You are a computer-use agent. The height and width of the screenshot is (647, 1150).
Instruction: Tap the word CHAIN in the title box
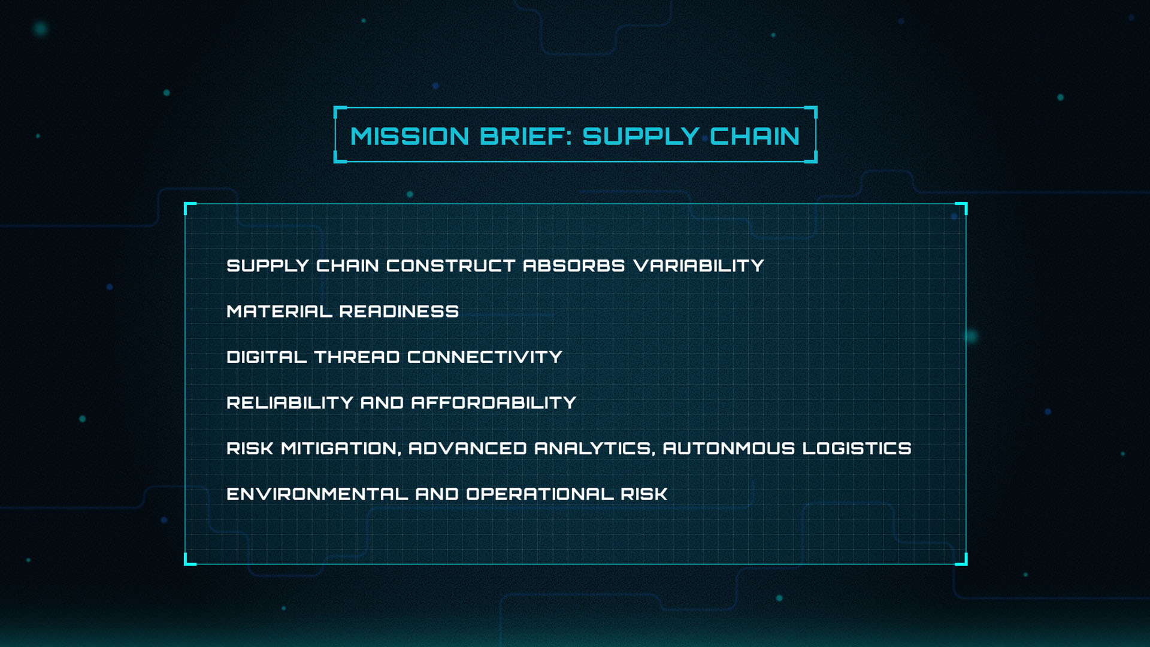coord(755,137)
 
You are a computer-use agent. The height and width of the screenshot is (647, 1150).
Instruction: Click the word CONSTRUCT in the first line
coord(450,265)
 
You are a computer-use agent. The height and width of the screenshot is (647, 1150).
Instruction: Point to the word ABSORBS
coord(574,265)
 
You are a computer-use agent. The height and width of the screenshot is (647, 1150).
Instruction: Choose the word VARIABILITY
coord(698,265)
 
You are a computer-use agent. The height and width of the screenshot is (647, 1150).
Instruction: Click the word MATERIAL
coord(279,312)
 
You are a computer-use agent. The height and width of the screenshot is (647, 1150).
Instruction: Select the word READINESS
coord(399,312)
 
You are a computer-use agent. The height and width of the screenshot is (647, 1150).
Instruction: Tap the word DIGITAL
coord(267,357)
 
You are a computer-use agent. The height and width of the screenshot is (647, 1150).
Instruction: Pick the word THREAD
coord(357,357)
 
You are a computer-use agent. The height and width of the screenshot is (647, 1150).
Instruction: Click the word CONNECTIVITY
coord(485,357)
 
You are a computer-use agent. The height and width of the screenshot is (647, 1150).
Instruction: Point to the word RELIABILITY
coord(290,403)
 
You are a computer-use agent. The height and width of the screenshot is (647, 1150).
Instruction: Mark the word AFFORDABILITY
coord(494,403)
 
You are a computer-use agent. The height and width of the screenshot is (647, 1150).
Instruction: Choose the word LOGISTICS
coord(857,448)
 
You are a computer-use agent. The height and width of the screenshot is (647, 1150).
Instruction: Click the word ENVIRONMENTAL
coord(317,494)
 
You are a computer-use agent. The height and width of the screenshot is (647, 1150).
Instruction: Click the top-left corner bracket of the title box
coord(338,111)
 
